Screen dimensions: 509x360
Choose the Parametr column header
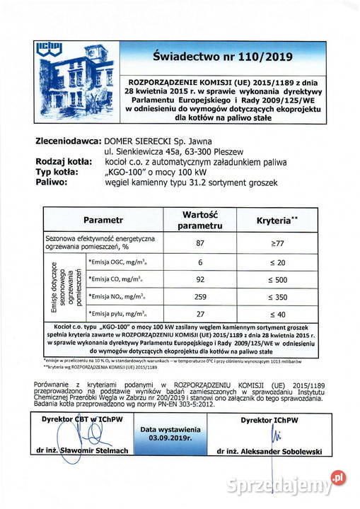103,221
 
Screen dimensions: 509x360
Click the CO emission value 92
200,279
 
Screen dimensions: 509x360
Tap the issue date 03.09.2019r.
170,438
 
